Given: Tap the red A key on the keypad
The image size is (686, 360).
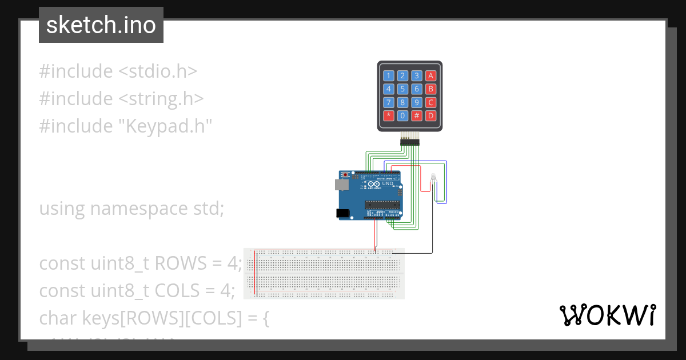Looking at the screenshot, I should coord(431,75).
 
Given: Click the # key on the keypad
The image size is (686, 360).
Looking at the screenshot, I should coord(417,115).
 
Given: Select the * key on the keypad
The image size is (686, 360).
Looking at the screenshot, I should coord(389,115).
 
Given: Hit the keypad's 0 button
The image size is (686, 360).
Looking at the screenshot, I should coord(403,115).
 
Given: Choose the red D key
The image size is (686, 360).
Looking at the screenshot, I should coord(431,115).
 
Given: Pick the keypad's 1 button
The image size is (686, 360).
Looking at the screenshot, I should coord(389,75).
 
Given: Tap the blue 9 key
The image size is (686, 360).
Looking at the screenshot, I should coord(417,102).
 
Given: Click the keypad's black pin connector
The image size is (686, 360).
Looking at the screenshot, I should coord(409,141).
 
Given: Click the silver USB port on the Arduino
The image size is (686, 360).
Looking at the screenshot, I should coord(341,185).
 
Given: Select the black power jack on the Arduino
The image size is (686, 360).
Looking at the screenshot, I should coord(343,213).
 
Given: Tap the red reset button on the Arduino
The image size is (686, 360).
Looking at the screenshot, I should coord(346,175).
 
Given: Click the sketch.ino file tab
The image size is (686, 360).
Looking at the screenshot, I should coord(101,25).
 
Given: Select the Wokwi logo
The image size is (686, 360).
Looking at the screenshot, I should coord(607,315).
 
